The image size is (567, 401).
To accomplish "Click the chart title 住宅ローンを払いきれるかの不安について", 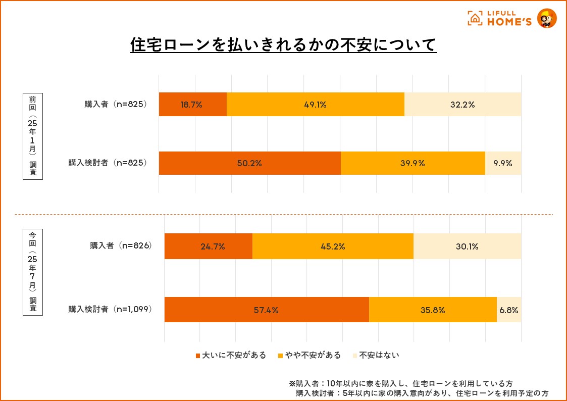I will [283, 45].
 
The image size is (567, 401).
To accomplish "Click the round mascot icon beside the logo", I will [546, 19].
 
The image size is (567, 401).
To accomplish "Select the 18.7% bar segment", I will [192, 105].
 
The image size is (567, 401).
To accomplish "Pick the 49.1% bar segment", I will [315, 105].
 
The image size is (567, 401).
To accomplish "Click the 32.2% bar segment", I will [462, 105].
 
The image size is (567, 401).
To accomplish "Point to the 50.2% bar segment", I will [249, 163].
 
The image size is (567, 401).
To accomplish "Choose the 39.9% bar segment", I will [413, 163].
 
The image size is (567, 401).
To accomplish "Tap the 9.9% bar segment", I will [503, 163].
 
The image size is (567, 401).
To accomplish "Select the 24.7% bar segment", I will [208, 246].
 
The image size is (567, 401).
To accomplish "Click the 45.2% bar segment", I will [333, 246].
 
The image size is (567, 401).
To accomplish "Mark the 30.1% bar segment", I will [467, 246].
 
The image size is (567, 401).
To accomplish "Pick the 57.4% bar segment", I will [267, 310].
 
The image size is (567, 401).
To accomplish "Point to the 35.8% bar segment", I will [433, 310].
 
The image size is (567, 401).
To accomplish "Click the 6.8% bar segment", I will [509, 310].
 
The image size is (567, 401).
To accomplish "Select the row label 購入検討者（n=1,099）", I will [110, 309].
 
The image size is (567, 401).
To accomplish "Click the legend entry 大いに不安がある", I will [230, 355].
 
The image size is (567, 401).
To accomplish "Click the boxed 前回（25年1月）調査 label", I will [33, 135].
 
